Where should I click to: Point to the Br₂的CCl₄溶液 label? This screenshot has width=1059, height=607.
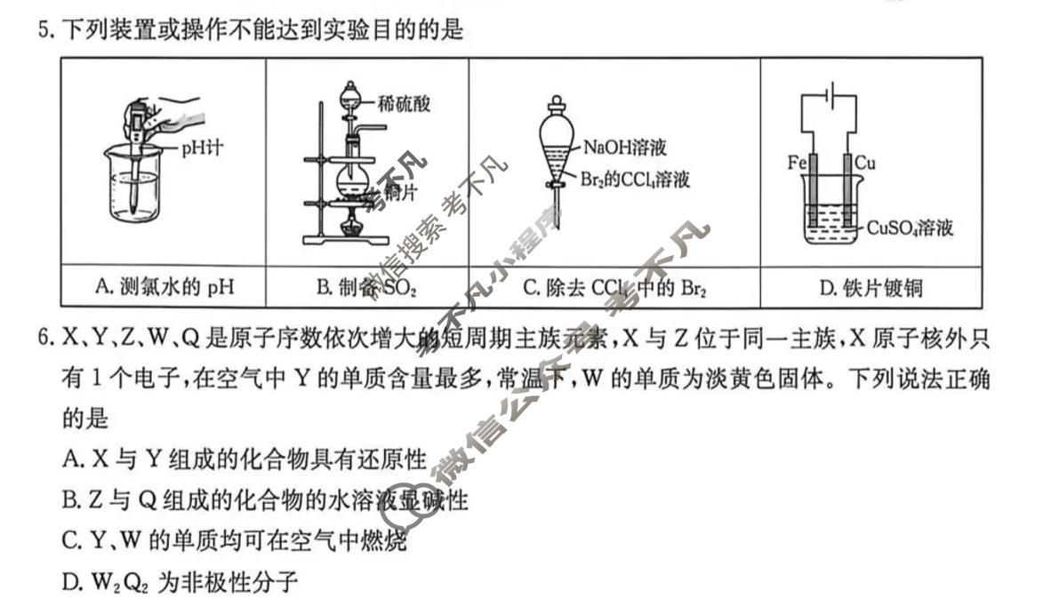635,180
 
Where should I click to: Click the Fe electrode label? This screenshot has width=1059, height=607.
796,164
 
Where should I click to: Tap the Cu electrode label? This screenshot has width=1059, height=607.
865,164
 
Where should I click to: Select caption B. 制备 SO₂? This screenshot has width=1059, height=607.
366,287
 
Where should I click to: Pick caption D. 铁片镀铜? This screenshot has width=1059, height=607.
870,287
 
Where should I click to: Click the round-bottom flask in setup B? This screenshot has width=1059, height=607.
352,178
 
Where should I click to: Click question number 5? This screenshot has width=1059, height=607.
44,31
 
